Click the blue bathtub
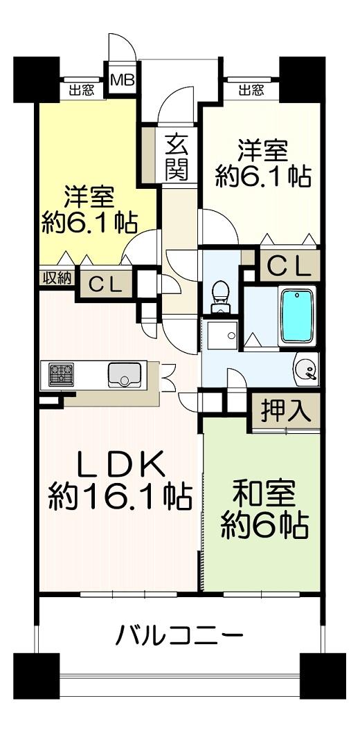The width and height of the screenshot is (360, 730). click(296, 316)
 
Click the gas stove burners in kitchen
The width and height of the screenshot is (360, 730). click(62, 374)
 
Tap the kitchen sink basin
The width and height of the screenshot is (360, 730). click(125, 374)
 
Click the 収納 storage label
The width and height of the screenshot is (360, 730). click(57, 278)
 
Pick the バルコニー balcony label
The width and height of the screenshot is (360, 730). click(179, 635)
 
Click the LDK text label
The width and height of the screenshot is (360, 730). click(121, 464)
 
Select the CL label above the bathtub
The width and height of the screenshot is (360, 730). click(288, 267)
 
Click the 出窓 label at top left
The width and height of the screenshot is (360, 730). click(82, 91)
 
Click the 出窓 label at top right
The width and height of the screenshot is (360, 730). click(251, 91)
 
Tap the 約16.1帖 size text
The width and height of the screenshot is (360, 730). click(120, 497)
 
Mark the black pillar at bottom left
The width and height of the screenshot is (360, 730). click(36, 676)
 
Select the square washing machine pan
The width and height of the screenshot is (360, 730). click(222, 334)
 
